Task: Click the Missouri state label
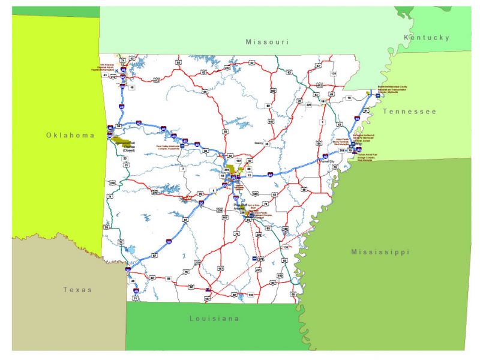click(267, 42)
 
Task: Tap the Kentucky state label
click(427, 37)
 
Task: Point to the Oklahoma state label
click(70, 136)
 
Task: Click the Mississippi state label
click(380, 252)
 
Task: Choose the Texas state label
click(78, 290)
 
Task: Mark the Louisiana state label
click(214, 318)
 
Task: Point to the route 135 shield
click(334, 74)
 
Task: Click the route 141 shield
click(323, 101)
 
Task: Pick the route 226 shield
click(308, 105)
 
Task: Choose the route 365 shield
click(227, 171)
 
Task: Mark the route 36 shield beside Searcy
click(266, 145)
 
